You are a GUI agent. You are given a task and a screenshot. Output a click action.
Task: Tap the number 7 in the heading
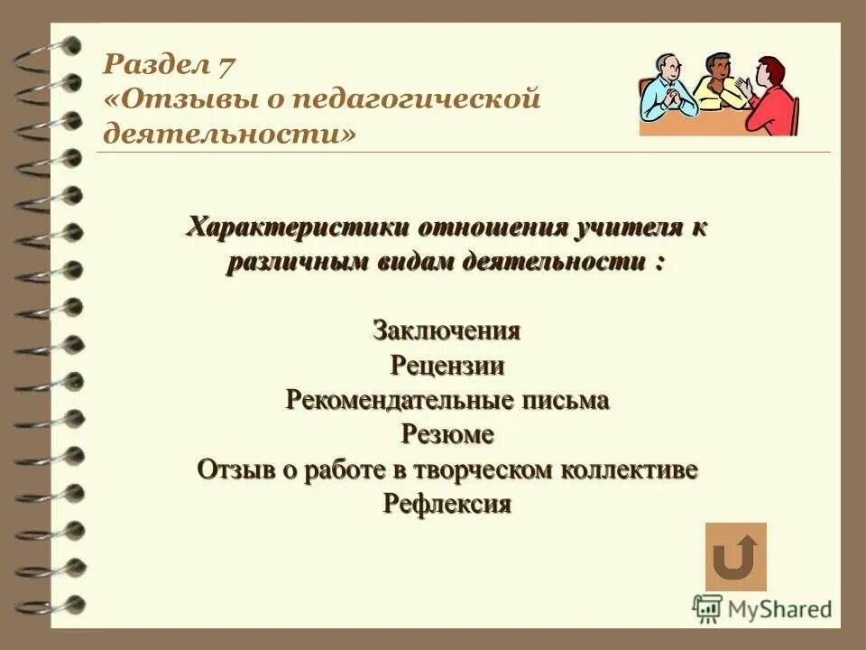pos(226,66)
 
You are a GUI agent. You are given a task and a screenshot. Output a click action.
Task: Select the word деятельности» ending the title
pos(229,134)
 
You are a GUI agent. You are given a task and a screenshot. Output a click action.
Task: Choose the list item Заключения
pos(447,330)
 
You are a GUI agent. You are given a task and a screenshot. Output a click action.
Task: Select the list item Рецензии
pos(447,366)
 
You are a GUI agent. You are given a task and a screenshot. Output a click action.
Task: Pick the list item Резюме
pos(447,434)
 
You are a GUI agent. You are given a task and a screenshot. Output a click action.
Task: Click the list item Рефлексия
pos(447,504)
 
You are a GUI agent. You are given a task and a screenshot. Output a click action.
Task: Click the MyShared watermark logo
pos(763,608)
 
